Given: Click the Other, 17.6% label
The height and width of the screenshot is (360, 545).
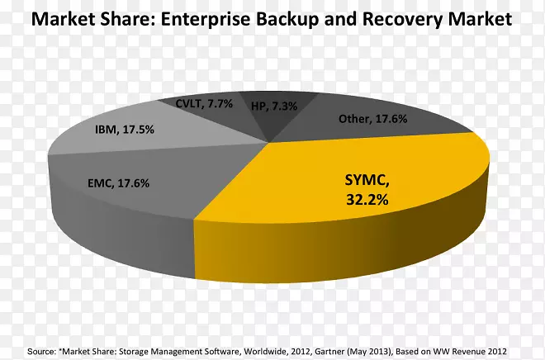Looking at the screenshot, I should click(373, 119).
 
